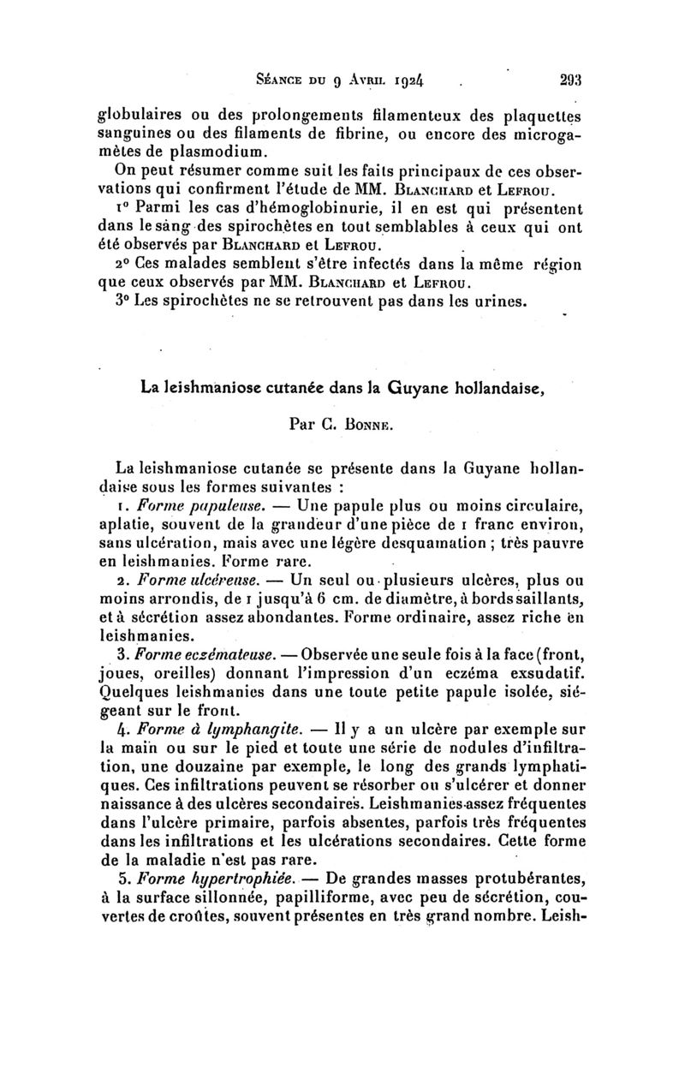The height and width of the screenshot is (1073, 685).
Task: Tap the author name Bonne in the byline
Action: click(x=370, y=422)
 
